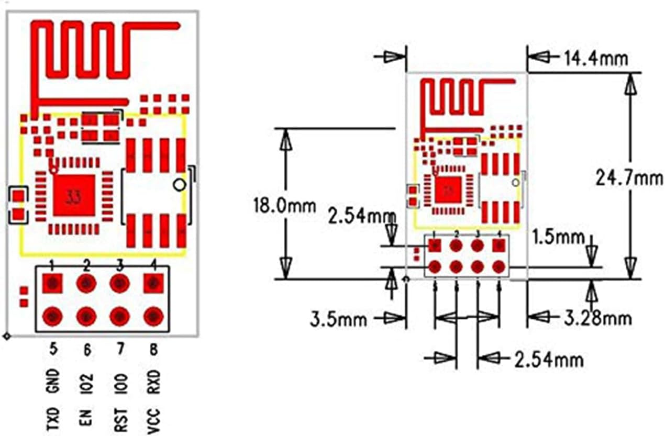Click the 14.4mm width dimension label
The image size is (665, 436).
pyautogui.click(x=595, y=58)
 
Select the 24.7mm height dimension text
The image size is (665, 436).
pyautogui.click(x=629, y=178)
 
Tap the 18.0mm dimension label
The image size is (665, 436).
pyautogui.click(x=284, y=205)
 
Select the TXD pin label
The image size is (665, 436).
pyautogui.click(x=53, y=418)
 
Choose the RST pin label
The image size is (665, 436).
pyautogui.click(x=120, y=418)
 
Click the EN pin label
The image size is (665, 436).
pyautogui.click(x=87, y=418)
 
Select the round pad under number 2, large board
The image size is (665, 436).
pyautogui.click(x=86, y=284)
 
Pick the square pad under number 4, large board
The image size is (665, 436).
pyautogui.click(x=153, y=284)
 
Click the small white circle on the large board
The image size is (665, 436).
pyautogui.click(x=180, y=184)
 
